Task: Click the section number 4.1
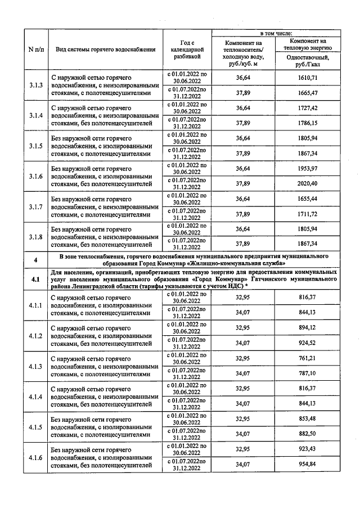[36, 278]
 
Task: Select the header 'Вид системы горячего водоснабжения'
[106, 49]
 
